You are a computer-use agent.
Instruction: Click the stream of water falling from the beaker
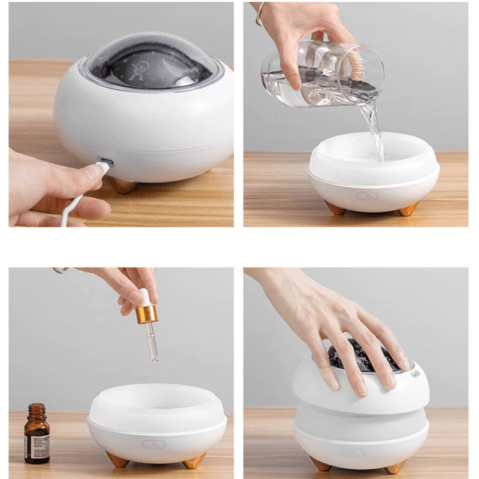(374, 129)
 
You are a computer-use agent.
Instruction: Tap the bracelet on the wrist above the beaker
(259, 13)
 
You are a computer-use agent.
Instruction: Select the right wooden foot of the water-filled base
(409, 208)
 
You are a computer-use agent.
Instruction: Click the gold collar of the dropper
(147, 313)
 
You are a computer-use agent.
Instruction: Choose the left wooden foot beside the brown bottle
(117, 459)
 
